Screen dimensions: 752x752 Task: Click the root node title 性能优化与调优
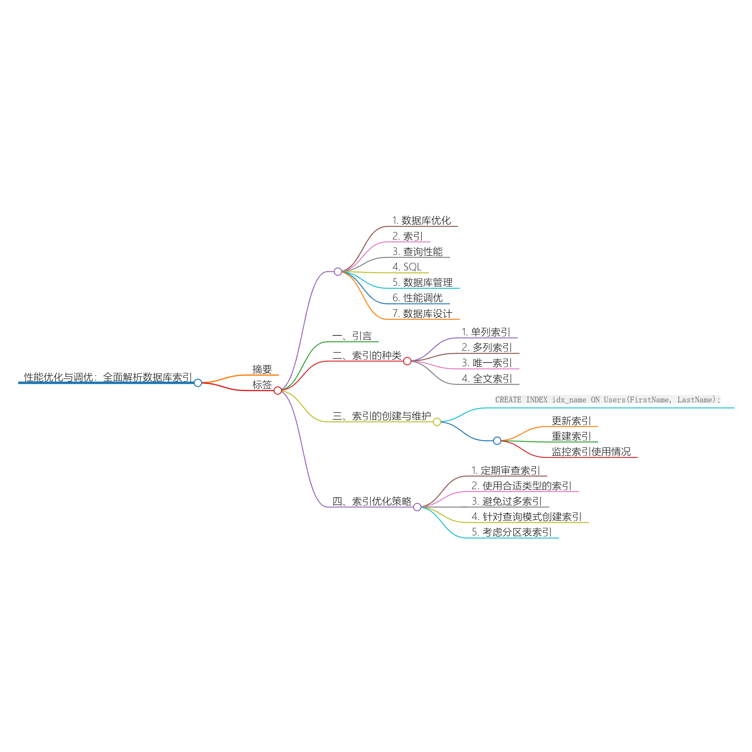click(x=108, y=377)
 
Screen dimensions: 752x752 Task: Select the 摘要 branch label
click(x=262, y=369)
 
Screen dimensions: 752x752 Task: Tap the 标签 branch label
click(x=262, y=385)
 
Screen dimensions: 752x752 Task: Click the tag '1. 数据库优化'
click(x=421, y=220)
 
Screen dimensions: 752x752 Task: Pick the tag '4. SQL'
click(x=407, y=267)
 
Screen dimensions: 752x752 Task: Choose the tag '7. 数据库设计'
click(x=422, y=314)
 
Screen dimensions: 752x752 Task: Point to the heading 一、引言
click(x=352, y=336)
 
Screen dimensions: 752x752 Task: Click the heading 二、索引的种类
click(x=367, y=355)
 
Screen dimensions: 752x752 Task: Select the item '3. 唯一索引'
click(x=487, y=363)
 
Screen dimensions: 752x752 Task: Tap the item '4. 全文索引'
click(x=487, y=379)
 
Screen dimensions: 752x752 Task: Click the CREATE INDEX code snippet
click(x=608, y=400)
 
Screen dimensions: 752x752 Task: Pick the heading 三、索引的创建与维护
click(x=381, y=416)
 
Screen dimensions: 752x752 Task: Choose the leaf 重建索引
click(x=571, y=436)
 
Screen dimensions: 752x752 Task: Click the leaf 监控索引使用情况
click(x=591, y=452)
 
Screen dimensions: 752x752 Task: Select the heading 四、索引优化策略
click(x=372, y=501)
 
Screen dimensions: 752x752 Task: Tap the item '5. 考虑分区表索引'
click(x=511, y=532)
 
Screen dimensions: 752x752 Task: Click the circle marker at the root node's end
click(x=198, y=383)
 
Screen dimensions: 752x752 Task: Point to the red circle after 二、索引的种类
click(x=407, y=361)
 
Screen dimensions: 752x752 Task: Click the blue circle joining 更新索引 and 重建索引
click(x=497, y=441)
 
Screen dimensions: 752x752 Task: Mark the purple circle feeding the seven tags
click(x=338, y=272)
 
